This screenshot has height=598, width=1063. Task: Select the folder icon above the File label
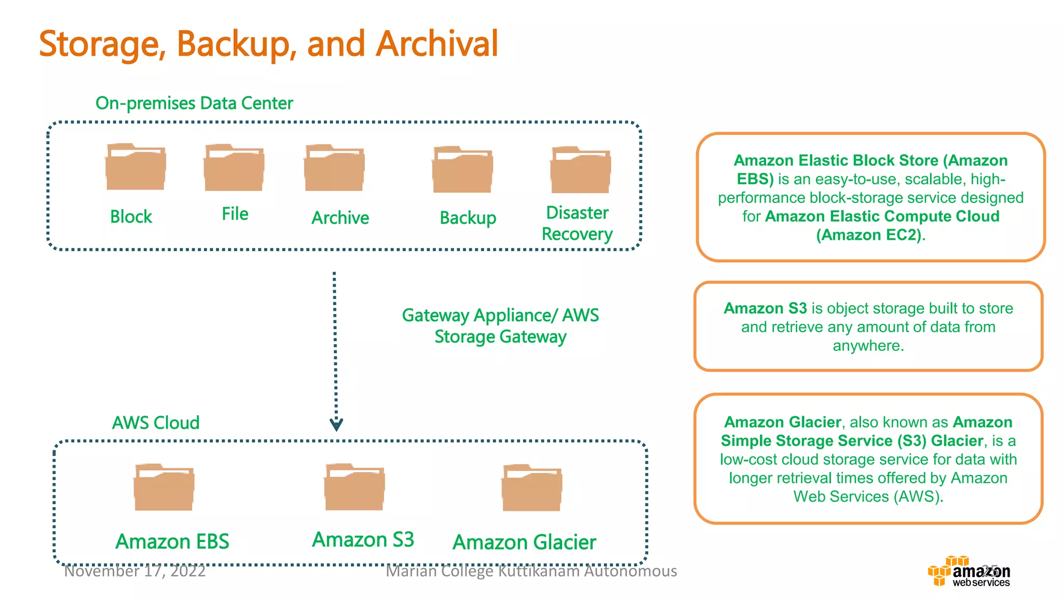234,168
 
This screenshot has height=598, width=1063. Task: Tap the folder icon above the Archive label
334,168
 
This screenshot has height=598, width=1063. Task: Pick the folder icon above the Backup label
462,170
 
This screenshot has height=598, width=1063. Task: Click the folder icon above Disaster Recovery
580,170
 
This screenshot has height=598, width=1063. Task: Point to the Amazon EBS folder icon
164,487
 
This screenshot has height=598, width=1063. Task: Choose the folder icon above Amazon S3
355,487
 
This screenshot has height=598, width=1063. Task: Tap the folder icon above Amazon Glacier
532,488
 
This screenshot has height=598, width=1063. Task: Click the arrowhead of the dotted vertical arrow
336,425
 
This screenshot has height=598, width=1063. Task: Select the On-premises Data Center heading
194,103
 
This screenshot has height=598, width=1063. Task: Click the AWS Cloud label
156,423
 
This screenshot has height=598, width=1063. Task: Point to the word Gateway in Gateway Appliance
435,315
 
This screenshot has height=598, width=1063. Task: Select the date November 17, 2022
134,571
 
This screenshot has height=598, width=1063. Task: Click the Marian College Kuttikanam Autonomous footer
531,571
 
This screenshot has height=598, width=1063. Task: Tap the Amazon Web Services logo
969,572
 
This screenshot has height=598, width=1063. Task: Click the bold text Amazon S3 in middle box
765,308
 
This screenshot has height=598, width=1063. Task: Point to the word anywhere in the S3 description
868,346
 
